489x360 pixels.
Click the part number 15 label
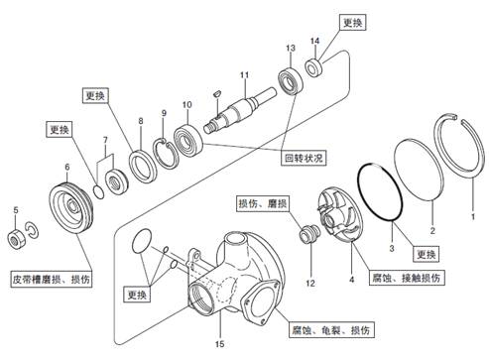pos(220,344)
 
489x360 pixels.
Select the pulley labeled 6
pos(71,208)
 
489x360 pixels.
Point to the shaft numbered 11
pos(240,109)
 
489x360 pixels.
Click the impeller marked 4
pos(340,214)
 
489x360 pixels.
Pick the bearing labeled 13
pos(291,80)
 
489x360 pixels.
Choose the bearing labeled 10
pos(188,141)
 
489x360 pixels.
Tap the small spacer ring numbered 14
pos(313,67)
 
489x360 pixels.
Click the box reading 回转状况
pos(304,158)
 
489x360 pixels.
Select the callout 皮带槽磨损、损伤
pos(52,280)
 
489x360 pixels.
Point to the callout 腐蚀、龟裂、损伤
pos(330,329)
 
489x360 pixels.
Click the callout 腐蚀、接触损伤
pos(407,278)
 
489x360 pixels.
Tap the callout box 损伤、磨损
pos(263,203)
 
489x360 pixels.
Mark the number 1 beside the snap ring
pos(473,216)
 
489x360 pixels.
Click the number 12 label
pos(310,283)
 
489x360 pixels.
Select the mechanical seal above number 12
pos(309,234)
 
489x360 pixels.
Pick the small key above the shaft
pos(217,92)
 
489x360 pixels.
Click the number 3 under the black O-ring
pos(392,248)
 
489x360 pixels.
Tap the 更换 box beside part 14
pos(353,23)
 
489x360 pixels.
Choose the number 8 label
pos(141,121)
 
